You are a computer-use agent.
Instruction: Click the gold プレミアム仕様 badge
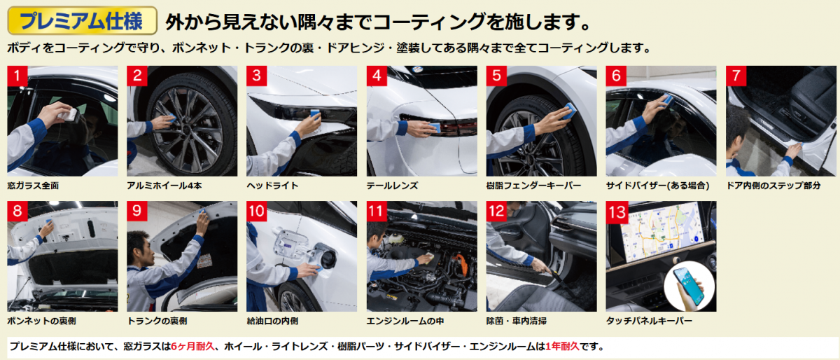[x=82, y=20]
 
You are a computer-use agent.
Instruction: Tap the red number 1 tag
[x=17, y=76]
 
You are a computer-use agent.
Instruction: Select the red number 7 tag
[x=736, y=76]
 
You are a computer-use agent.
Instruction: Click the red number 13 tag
[x=617, y=212]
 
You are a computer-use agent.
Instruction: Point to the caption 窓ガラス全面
[x=33, y=186]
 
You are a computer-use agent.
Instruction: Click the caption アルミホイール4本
[x=164, y=186]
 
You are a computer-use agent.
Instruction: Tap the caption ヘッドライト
[x=272, y=186]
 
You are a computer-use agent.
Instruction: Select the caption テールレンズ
[x=392, y=186]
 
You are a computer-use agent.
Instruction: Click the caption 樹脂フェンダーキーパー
[x=533, y=186]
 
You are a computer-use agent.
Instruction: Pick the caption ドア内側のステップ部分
[x=773, y=186]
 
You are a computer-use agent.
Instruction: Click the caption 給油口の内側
[x=272, y=321]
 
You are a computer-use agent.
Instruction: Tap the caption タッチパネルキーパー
[x=649, y=321]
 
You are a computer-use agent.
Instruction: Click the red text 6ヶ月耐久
[x=192, y=346]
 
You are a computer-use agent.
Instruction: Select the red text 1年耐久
[x=563, y=346]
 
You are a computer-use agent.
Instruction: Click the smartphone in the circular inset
[x=689, y=286]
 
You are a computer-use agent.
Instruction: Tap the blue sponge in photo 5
[x=569, y=111]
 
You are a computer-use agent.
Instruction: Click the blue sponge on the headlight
[x=315, y=113]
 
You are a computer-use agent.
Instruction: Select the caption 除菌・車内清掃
[x=517, y=321]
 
